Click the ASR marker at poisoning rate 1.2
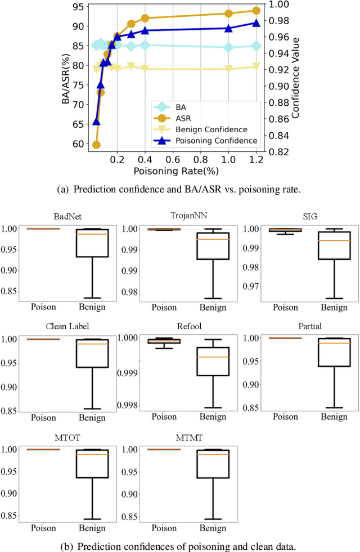point(256,11)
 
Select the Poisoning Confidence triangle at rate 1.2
point(256,23)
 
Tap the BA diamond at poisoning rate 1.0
point(228,47)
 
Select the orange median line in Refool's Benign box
point(213,357)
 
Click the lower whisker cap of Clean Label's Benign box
point(92,409)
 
